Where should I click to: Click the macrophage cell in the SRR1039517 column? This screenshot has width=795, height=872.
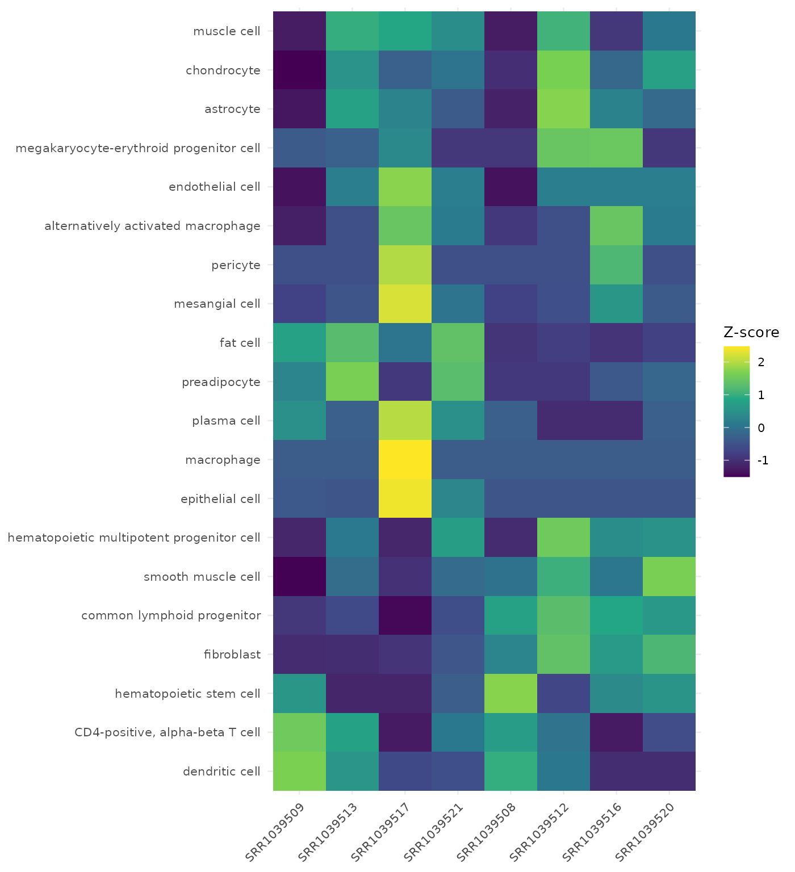point(405,459)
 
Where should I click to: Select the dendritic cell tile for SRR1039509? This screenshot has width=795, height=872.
point(299,771)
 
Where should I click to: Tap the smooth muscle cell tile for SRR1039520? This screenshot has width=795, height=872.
point(669,576)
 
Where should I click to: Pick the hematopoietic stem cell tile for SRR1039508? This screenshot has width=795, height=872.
point(511,693)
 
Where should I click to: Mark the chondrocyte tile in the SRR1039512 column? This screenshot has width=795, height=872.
point(563,70)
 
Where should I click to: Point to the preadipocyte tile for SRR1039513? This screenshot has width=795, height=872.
point(352,381)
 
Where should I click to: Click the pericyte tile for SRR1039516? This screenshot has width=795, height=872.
point(616,265)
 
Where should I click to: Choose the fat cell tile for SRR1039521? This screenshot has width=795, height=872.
point(458,342)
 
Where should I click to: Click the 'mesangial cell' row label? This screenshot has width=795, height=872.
point(217,304)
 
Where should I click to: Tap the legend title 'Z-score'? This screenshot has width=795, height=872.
point(751,332)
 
